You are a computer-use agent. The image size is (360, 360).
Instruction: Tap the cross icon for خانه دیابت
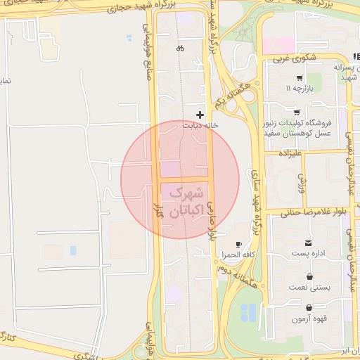[x=200, y=114]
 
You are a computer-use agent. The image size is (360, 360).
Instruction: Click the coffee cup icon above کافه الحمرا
[x=238, y=245]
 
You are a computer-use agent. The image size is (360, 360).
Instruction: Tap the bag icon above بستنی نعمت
[x=310, y=276]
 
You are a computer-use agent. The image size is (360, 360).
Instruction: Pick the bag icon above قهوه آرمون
[x=310, y=307]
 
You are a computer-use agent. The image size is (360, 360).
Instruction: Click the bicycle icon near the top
[x=181, y=49]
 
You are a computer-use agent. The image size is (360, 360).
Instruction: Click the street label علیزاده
[x=290, y=152]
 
